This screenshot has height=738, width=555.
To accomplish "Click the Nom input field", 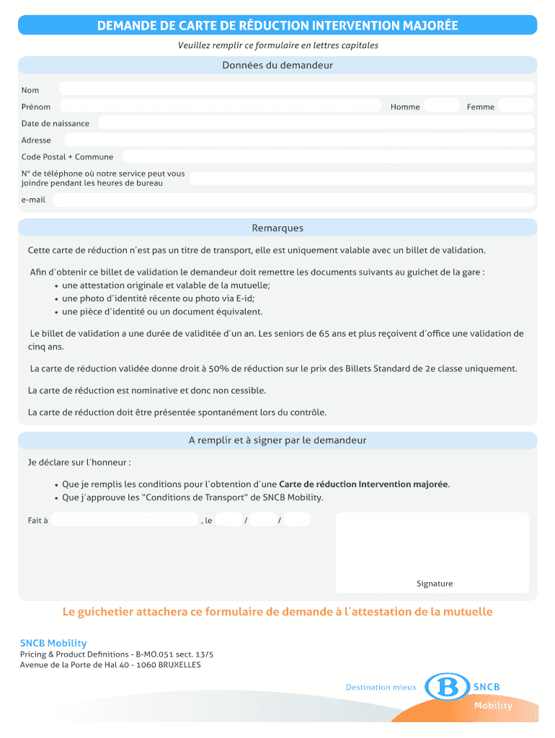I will pos(296,89).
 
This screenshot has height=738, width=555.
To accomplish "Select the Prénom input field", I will pos(220,106).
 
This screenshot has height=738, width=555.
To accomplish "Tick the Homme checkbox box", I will pos(441,106).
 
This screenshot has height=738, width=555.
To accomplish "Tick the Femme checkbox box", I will pos(516,106).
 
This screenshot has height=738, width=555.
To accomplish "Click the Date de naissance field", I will pos(316,123).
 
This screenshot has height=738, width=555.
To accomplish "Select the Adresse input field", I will pos(299,140).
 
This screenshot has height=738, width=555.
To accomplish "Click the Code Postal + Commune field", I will pos(328,156).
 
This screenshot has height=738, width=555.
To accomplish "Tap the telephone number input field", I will pos(361,178).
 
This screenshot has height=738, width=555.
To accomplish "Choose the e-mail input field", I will pos(293,200).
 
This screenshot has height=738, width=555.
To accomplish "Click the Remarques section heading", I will pos(277,228).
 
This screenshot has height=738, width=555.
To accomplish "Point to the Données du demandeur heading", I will pos(277,66).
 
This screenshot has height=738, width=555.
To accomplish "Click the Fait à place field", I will pos(125,520).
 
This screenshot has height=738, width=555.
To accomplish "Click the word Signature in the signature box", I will pos(435,584).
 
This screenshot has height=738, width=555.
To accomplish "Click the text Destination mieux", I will pos(381,688).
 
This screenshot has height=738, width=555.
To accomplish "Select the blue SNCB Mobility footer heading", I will pos(53,643).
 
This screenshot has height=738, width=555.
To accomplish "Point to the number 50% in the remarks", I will pos(219,368).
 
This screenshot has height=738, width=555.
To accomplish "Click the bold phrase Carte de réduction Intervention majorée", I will pos(363,484).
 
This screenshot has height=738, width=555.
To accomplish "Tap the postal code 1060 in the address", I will pos(147,664).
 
